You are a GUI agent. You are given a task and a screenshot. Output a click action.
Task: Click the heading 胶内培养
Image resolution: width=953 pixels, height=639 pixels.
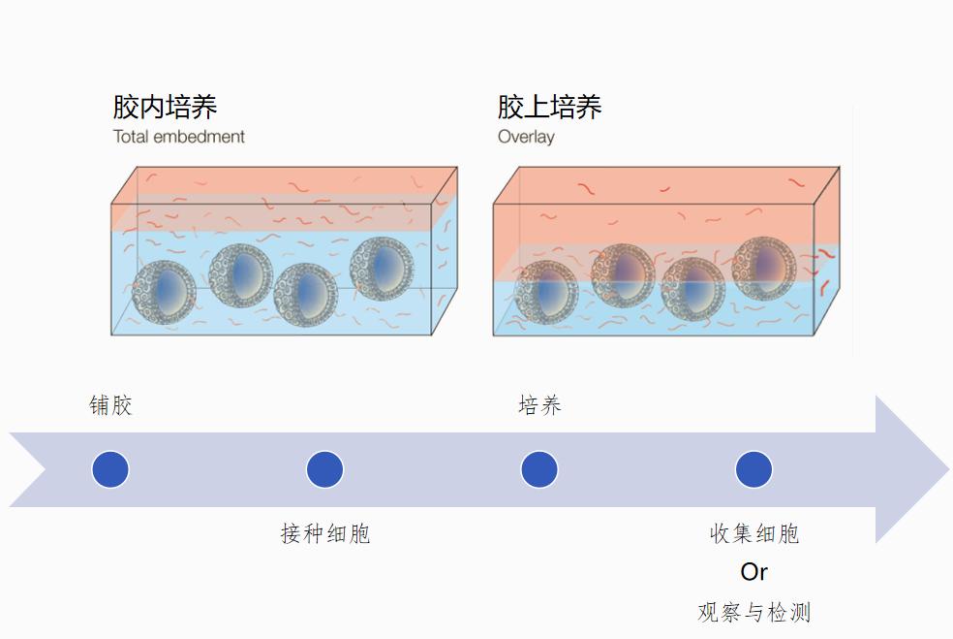coord(165,106)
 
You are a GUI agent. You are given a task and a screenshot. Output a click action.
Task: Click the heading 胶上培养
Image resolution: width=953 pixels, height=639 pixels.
coord(549,106)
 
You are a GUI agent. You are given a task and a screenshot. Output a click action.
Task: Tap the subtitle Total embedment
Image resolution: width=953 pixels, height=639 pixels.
coord(178,137)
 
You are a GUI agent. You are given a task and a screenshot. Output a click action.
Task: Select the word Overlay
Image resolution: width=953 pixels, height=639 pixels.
coord(526,137)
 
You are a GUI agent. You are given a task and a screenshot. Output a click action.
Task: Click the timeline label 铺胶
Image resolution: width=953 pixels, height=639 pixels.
coord(110,405)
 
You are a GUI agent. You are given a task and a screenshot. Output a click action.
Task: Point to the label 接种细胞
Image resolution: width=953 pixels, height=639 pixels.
coord(325,533)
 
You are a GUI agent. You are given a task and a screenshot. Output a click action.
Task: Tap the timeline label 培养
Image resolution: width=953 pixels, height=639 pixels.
coord(539,405)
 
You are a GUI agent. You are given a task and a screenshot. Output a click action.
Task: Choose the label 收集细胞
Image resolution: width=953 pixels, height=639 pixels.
coord(753,533)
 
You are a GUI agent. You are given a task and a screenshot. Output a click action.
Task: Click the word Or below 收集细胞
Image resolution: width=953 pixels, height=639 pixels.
coord(753,572)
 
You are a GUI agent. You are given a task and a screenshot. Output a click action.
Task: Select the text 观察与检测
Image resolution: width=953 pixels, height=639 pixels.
coord(753,613)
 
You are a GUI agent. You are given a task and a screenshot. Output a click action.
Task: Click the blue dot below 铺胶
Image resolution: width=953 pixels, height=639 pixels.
coord(110,469)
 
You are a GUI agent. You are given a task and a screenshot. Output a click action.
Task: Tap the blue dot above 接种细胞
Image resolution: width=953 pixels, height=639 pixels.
coord(325,469)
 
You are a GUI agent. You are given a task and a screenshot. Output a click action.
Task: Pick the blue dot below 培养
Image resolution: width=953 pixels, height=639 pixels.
coord(539,469)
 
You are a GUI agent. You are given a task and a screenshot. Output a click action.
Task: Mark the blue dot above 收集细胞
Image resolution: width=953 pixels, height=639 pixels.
coord(753,469)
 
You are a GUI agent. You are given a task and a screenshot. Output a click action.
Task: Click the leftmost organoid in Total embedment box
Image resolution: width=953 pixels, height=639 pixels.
coord(164,291)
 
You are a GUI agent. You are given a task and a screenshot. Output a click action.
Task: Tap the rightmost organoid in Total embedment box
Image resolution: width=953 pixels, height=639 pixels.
coord(382,268)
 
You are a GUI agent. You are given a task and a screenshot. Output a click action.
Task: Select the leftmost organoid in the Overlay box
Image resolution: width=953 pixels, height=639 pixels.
coord(546,291)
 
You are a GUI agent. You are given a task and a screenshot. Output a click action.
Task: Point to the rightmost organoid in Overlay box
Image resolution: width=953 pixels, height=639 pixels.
coord(764,267)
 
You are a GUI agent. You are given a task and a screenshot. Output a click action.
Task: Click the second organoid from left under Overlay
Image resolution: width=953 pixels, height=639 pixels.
coord(623,275)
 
